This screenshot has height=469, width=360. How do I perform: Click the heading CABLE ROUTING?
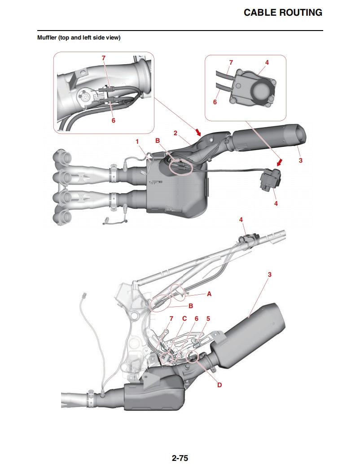pyautogui.click(x=283, y=13)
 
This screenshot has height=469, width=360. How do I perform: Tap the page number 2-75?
pyautogui.click(x=180, y=458)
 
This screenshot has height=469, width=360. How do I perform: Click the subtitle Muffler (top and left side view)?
pyautogui.click(x=79, y=38)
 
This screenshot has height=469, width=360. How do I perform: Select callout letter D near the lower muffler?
pyautogui.click(x=220, y=385)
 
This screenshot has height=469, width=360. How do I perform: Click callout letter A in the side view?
pyautogui.click(x=209, y=294)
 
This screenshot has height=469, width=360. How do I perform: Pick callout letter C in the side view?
pyautogui.click(x=184, y=319)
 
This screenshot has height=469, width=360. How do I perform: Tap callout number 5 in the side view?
pyautogui.click(x=208, y=319)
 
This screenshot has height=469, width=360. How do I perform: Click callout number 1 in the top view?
pyautogui.click(x=137, y=142)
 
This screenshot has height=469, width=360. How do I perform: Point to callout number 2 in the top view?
pyautogui.click(x=176, y=133)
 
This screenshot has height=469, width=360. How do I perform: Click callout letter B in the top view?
pyautogui.click(x=158, y=141)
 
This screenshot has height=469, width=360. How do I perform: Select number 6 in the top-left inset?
pyautogui.click(x=113, y=120)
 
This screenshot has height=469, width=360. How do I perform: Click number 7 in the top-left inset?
pyautogui.click(x=104, y=58)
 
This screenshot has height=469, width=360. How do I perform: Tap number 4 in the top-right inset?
pyautogui.click(x=267, y=62)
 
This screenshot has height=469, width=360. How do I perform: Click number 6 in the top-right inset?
pyautogui.click(x=215, y=102)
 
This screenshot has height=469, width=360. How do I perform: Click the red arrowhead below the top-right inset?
pyautogui.click(x=280, y=163)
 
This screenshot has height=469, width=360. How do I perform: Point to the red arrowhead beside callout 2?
pyautogui.click(x=198, y=132)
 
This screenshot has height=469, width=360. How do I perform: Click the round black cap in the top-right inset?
pyautogui.click(x=262, y=91)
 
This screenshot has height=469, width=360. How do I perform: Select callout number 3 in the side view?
pyautogui.click(x=269, y=274)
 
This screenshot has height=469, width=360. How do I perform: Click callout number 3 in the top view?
pyautogui.click(x=301, y=160)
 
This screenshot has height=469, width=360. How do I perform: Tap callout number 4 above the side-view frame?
pyautogui.click(x=241, y=220)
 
